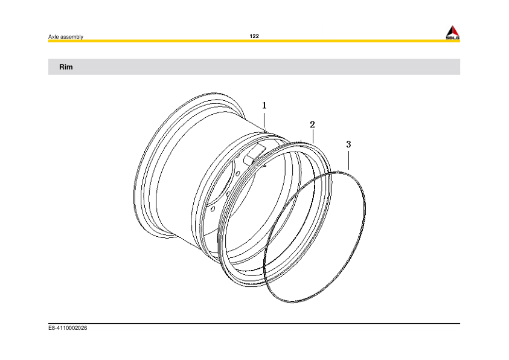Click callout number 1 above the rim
pyautogui.click(x=264, y=105)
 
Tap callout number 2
pyautogui.click(x=312, y=125)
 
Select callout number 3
pyautogui.click(x=348, y=145)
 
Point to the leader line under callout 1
pyautogui.click(x=264, y=120)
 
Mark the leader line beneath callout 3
pyautogui.click(x=349, y=159)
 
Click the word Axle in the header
pyautogui.click(x=53, y=37)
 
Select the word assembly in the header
pyautogui.click(x=71, y=37)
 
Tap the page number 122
pyautogui.click(x=254, y=37)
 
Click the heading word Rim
pyautogui.click(x=66, y=67)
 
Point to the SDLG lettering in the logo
pyautogui.click(x=452, y=39)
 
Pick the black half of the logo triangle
pyautogui.click(x=455, y=31)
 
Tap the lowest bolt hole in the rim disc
pyautogui.click(x=213, y=208)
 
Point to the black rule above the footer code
pyautogui.click(x=254, y=323)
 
